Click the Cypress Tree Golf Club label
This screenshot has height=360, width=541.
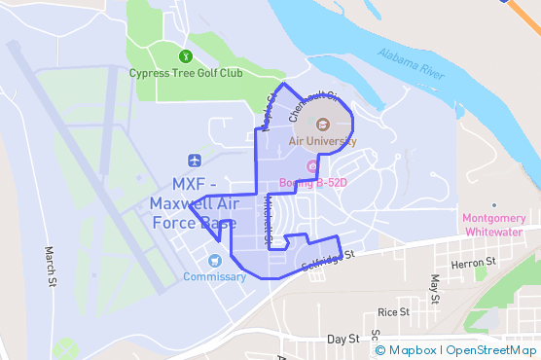[187, 72]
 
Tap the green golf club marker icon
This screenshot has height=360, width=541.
[186, 54]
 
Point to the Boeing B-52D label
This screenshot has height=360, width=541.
[313, 182]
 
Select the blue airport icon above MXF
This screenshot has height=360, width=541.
[195, 160]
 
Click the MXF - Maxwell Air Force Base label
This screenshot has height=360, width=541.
[193, 203]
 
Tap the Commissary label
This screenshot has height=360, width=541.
[214, 276]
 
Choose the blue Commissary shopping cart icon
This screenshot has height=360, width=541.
[214, 260]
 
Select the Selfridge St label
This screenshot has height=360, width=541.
[329, 261]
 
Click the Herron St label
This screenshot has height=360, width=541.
[473, 263]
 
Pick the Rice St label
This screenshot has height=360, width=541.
[394, 312]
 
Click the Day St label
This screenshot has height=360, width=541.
[343, 339]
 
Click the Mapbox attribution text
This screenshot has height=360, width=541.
[413, 350]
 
